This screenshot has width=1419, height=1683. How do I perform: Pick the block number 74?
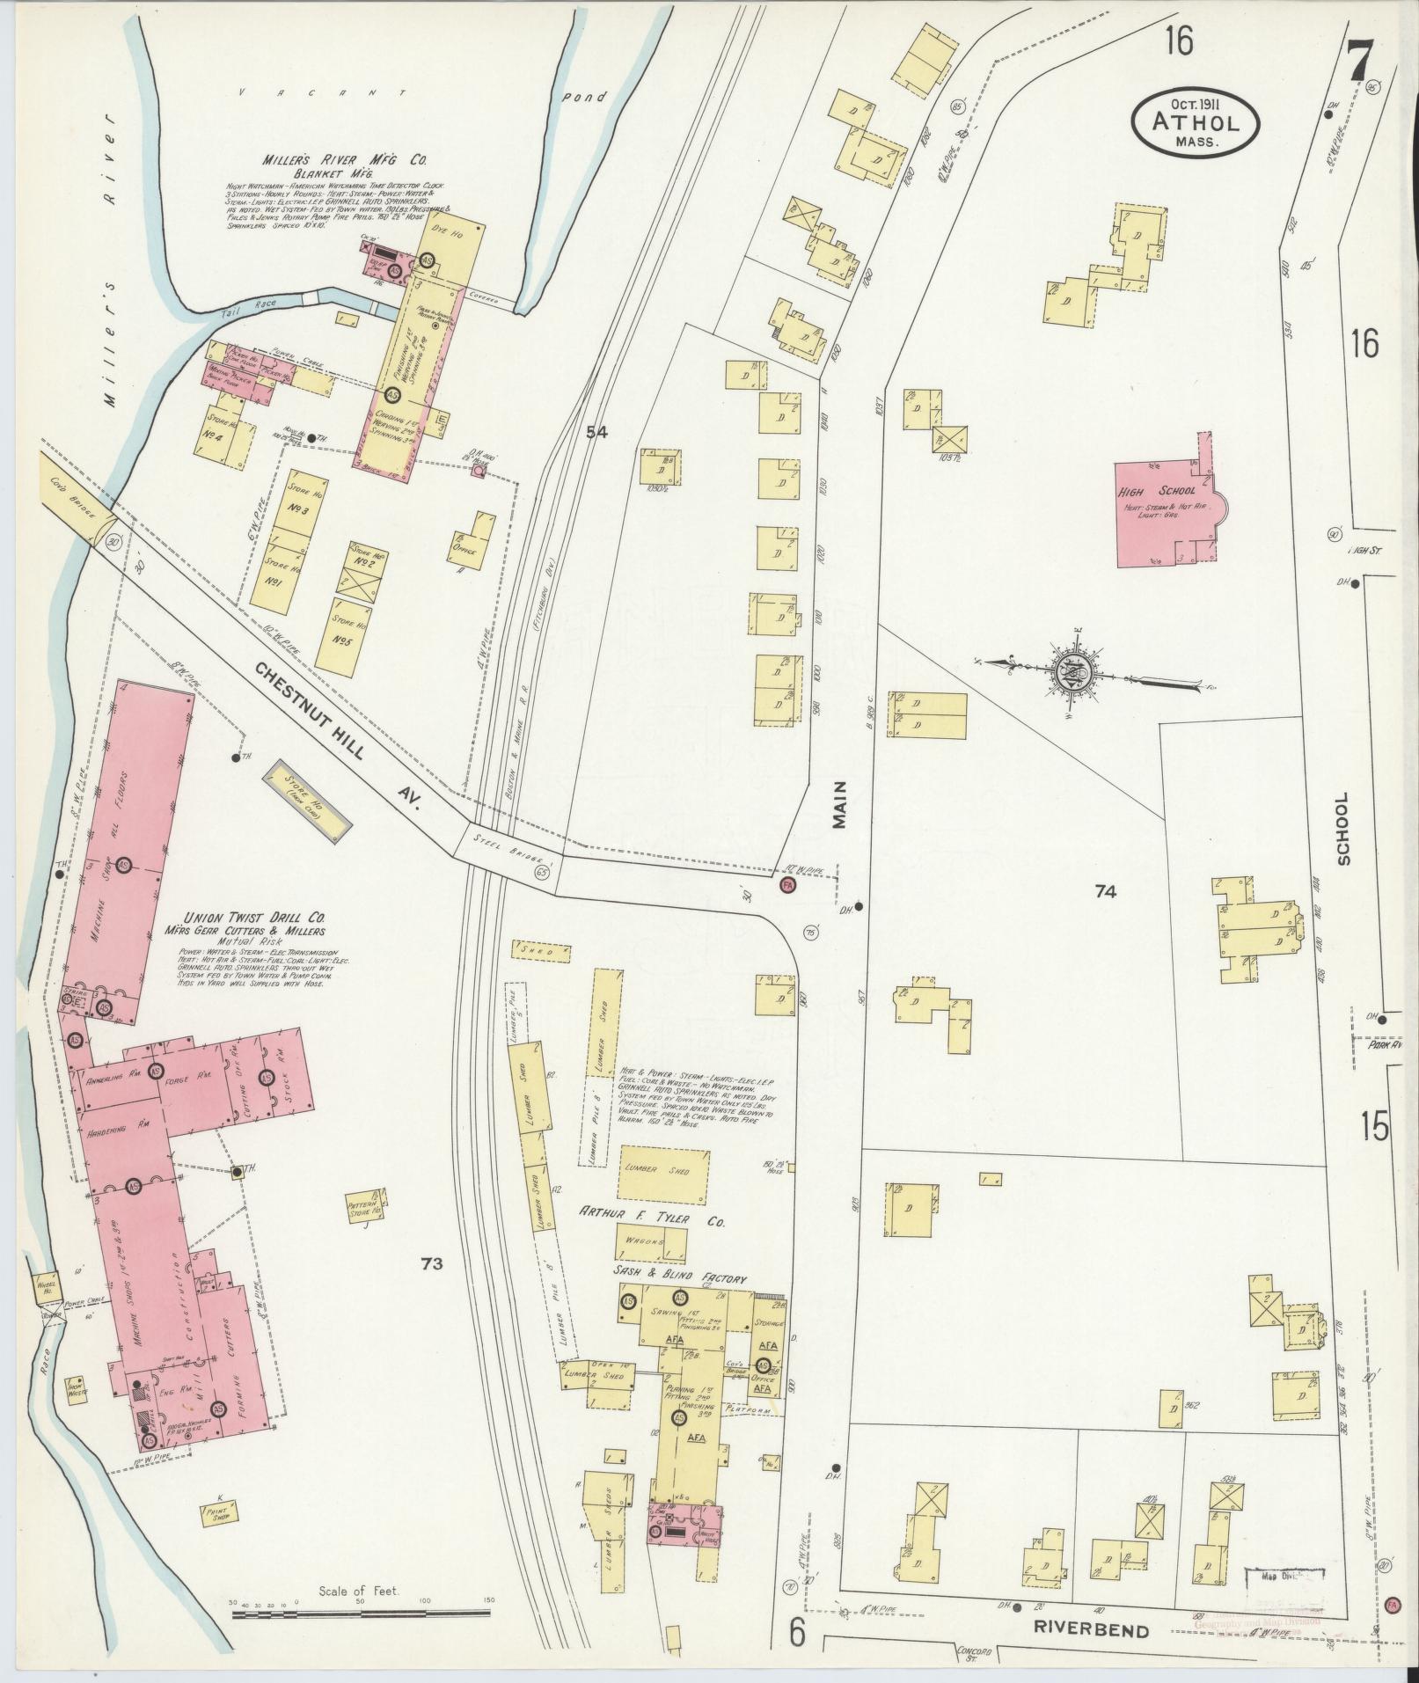pos(1105,892)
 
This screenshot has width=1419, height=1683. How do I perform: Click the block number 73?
pos(430,1264)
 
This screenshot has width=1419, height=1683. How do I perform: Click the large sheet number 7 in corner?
pos(1358,62)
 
